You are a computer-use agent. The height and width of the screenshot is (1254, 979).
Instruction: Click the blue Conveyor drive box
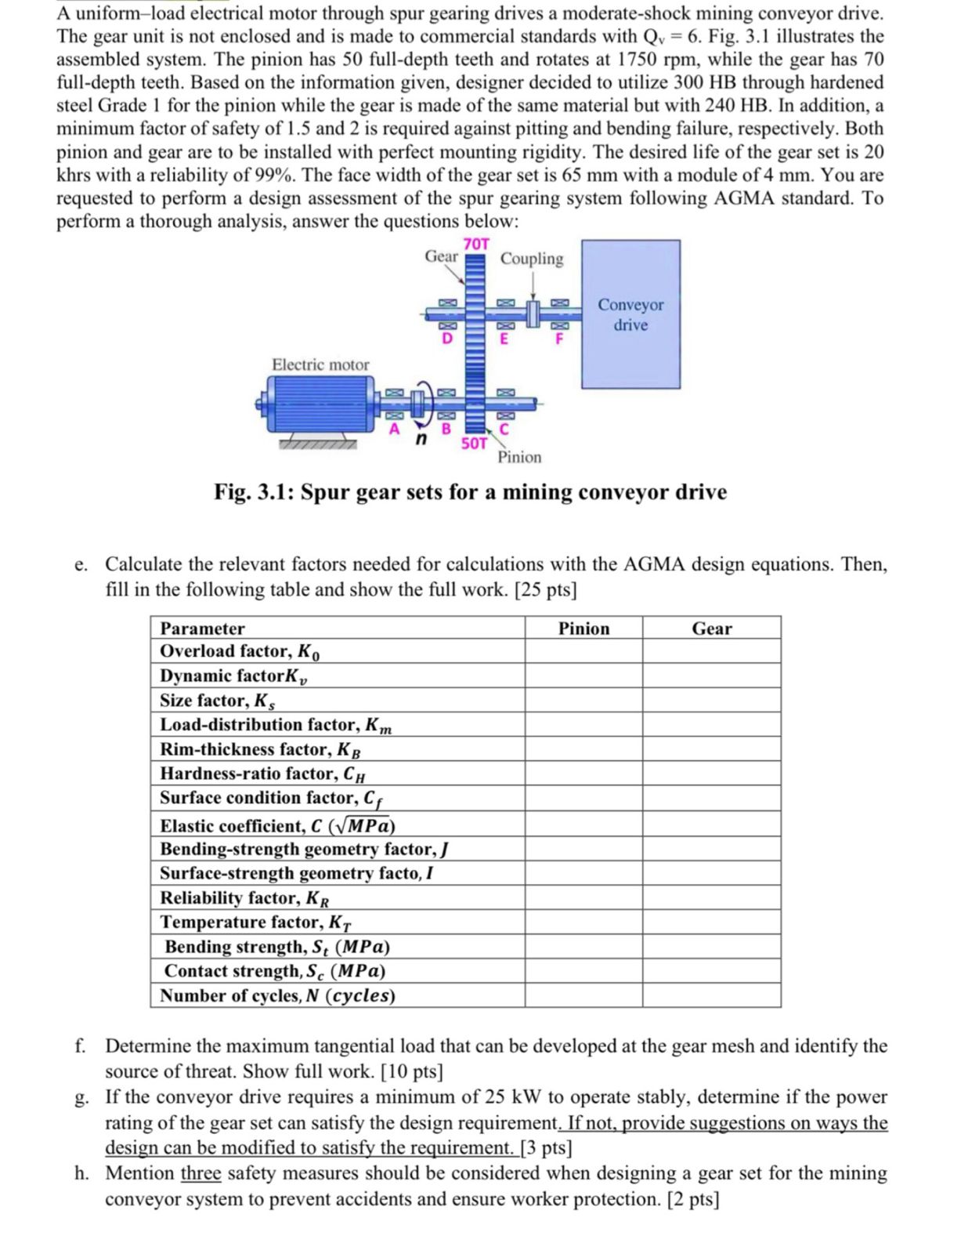[630, 314]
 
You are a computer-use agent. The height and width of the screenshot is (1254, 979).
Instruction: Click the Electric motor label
[320, 364]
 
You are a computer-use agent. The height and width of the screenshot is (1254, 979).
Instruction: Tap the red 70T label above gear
[476, 245]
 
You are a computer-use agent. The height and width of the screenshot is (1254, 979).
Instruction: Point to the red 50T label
[474, 444]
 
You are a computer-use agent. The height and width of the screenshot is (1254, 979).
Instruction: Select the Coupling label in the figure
[532, 259]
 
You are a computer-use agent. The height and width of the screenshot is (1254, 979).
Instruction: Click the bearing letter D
[447, 339]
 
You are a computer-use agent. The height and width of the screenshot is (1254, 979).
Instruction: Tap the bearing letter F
[558, 339]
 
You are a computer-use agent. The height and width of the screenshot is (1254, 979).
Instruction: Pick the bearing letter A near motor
[395, 429]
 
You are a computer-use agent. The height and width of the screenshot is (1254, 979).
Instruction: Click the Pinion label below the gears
[519, 457]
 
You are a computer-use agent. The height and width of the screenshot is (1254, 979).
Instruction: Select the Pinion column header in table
[583, 629]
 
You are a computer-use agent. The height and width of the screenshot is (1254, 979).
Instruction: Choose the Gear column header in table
[711, 629]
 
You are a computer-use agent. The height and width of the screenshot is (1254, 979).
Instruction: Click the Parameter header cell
[203, 629]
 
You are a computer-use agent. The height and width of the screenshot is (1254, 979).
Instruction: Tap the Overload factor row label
[240, 651]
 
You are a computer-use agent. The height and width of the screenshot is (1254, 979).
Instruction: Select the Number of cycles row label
[277, 995]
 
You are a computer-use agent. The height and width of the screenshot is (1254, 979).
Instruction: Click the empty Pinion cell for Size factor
[583, 700]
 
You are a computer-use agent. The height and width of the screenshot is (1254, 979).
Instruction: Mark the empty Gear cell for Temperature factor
[711, 922]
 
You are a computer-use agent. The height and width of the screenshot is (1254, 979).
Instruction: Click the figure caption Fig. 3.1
[470, 492]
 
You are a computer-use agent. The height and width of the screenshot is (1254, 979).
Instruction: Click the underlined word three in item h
[200, 1173]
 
